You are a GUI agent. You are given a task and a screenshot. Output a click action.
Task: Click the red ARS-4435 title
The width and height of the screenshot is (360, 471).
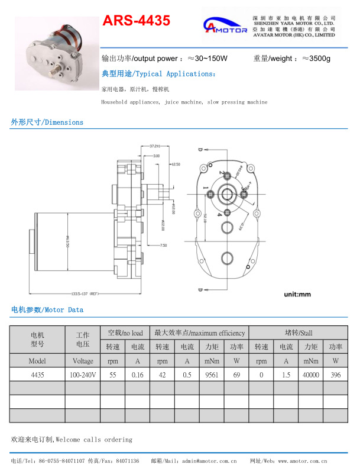click(x=136, y=21)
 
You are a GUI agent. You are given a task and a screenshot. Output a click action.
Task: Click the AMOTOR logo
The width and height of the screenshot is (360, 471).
click(x=225, y=27)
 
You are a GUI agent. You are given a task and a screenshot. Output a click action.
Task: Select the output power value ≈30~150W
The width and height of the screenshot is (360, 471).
click(x=207, y=59)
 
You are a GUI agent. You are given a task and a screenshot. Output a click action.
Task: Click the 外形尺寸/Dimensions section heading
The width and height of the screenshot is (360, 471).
click(x=47, y=122)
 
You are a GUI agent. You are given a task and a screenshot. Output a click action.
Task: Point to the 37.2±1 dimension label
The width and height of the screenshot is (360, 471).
click(x=155, y=146)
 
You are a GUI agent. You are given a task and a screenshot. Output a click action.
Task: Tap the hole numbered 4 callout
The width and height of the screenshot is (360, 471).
click(x=219, y=214)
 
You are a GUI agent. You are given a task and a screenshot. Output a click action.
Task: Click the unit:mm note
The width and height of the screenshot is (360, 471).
click(x=297, y=294)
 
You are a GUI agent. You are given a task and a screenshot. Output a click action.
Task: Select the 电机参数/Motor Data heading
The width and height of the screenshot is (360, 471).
click(x=47, y=309)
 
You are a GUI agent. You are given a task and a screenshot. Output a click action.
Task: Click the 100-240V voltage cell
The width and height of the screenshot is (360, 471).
click(x=83, y=375)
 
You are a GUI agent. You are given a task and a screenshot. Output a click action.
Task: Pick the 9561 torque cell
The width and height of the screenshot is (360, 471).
click(x=212, y=375)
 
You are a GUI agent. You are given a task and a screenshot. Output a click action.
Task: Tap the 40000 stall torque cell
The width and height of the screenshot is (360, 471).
click(x=311, y=375)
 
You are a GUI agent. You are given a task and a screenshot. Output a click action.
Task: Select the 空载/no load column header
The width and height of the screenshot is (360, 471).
click(x=125, y=333)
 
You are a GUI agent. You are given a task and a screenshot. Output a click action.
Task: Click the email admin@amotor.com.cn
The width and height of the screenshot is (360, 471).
click(x=209, y=460)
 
